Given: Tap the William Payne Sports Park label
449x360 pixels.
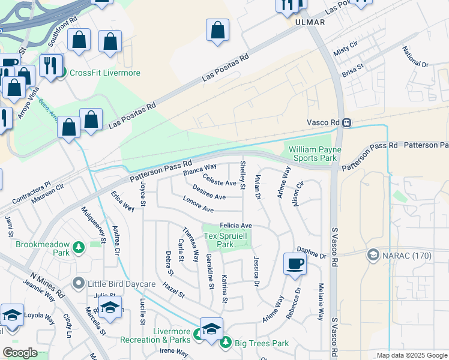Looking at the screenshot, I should pyautogui.click(x=315, y=154).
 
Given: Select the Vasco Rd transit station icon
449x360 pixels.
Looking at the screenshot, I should pyautogui.click(x=347, y=122).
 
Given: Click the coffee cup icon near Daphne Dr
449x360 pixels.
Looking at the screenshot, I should pyautogui.click(x=294, y=264).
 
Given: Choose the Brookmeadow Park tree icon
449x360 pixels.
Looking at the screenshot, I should pyautogui.click(x=78, y=247).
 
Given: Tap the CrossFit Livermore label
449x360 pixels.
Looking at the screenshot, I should pyautogui.click(x=104, y=73).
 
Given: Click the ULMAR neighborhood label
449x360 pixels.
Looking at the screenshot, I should pyautogui.click(x=310, y=22).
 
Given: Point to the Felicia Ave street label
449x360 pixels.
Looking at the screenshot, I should pyautogui.click(x=235, y=225).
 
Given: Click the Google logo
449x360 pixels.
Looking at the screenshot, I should pyautogui.click(x=20, y=353).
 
